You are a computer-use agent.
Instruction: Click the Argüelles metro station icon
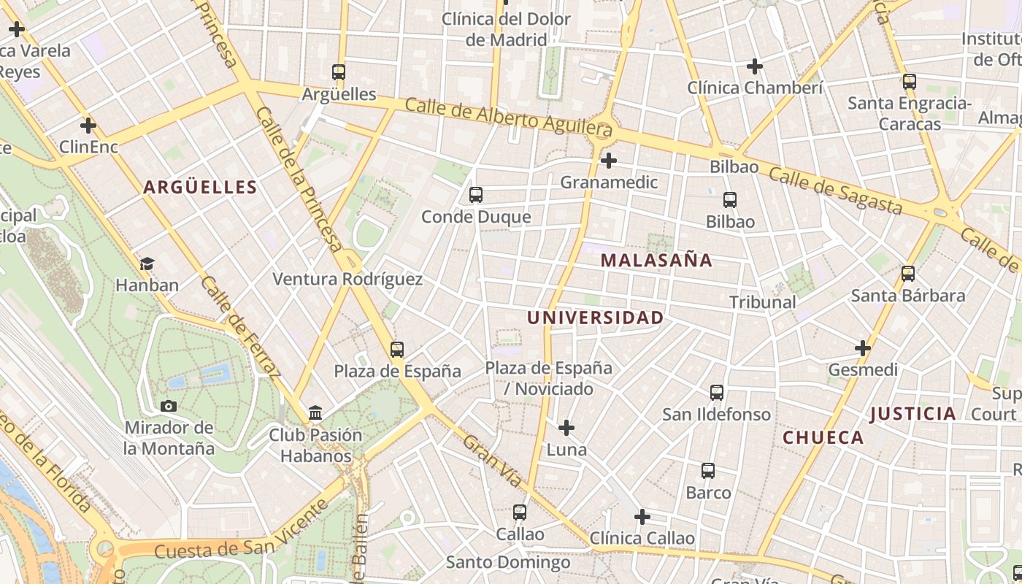(x=338, y=72)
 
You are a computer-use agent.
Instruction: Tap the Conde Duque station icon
(x=476, y=195)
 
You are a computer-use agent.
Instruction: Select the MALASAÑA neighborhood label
(x=656, y=261)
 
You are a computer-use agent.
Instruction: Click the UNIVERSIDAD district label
(x=595, y=318)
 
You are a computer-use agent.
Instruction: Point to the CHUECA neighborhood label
(x=823, y=438)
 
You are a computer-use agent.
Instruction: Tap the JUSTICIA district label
(x=912, y=414)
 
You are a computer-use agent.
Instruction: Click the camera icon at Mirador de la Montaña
(x=169, y=406)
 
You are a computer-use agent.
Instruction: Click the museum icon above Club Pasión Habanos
(x=315, y=413)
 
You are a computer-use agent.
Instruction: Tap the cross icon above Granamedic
(x=608, y=161)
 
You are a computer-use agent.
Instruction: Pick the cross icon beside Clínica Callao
(x=642, y=518)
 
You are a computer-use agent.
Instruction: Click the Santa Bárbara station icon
(x=908, y=274)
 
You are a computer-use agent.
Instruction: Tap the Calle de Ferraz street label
(x=240, y=328)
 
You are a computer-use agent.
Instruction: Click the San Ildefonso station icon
(x=717, y=393)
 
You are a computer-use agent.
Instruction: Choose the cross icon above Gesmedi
(x=863, y=348)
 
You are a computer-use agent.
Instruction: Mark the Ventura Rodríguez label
(x=347, y=279)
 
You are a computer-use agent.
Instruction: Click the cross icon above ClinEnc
(x=88, y=126)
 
